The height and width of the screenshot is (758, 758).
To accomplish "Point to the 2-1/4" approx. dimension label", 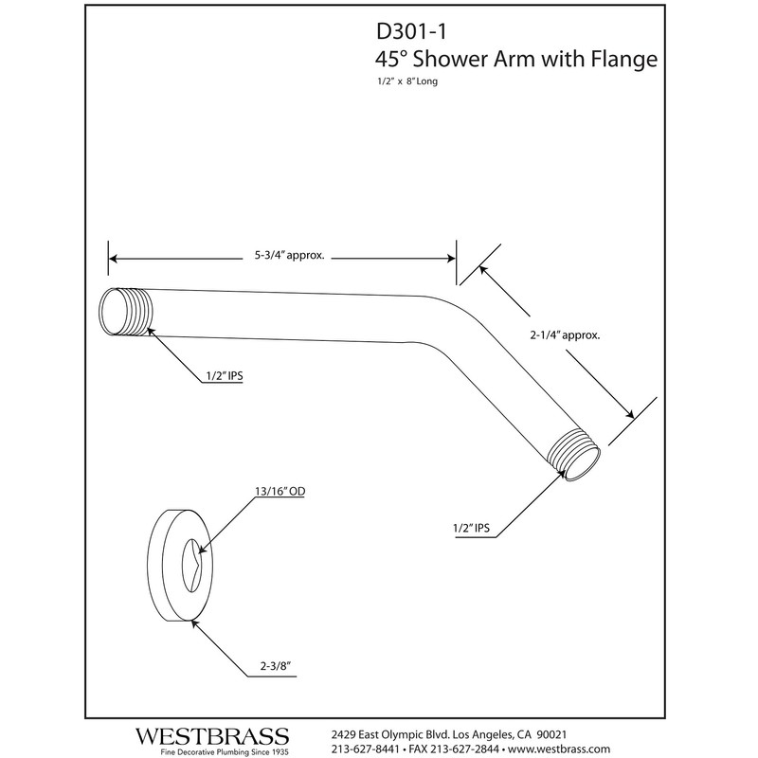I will point(567,335).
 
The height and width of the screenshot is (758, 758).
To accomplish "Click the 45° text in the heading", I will point(389,60).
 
